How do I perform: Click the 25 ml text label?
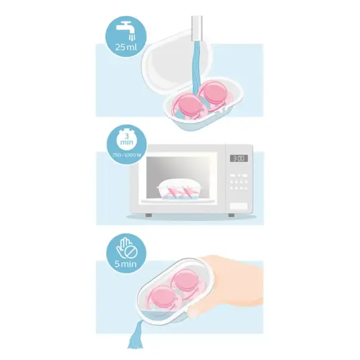click(x=126, y=47)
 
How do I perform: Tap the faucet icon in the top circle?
click(x=125, y=30)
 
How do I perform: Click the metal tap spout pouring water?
click(x=196, y=28)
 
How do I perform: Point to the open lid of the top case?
click(x=177, y=61)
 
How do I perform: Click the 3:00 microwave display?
click(x=239, y=159)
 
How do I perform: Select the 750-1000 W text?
click(x=126, y=155)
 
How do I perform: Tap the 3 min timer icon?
click(x=126, y=139)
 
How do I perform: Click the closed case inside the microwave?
click(x=180, y=189)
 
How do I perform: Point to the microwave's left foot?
click(x=148, y=215)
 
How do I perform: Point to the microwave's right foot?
click(x=232, y=215)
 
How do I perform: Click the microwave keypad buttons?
click(x=239, y=182)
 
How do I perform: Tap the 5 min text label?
click(x=126, y=264)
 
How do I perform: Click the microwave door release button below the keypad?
click(x=239, y=206)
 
